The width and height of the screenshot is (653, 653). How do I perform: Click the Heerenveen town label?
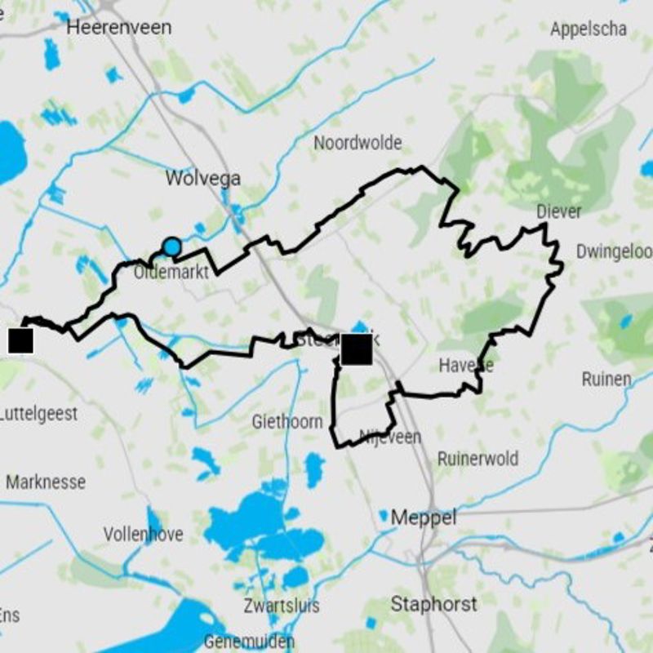119,27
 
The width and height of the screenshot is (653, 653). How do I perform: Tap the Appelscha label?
589,29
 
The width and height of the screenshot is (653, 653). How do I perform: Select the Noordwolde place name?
358,143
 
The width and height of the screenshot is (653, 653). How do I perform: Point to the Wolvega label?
202,178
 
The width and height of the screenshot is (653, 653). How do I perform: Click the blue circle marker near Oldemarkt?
171,247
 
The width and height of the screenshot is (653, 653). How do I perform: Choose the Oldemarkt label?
171,273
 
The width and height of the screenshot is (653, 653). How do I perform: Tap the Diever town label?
559,212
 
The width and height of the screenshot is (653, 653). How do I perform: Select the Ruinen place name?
606,379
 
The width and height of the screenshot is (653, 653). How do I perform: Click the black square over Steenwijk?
357,349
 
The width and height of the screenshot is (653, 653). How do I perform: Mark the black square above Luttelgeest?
20,341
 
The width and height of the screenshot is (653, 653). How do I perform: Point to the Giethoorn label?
287,422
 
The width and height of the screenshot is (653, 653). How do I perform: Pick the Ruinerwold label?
478,459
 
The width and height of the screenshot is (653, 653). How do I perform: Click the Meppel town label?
424,518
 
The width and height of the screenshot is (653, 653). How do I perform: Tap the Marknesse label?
46,482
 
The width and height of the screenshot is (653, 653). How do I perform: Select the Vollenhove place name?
143,535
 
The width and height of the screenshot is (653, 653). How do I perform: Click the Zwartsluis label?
282,606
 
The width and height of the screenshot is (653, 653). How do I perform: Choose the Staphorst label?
433,605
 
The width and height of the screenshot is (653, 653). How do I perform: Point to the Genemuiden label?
248,642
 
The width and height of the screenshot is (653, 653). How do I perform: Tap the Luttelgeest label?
38,414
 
